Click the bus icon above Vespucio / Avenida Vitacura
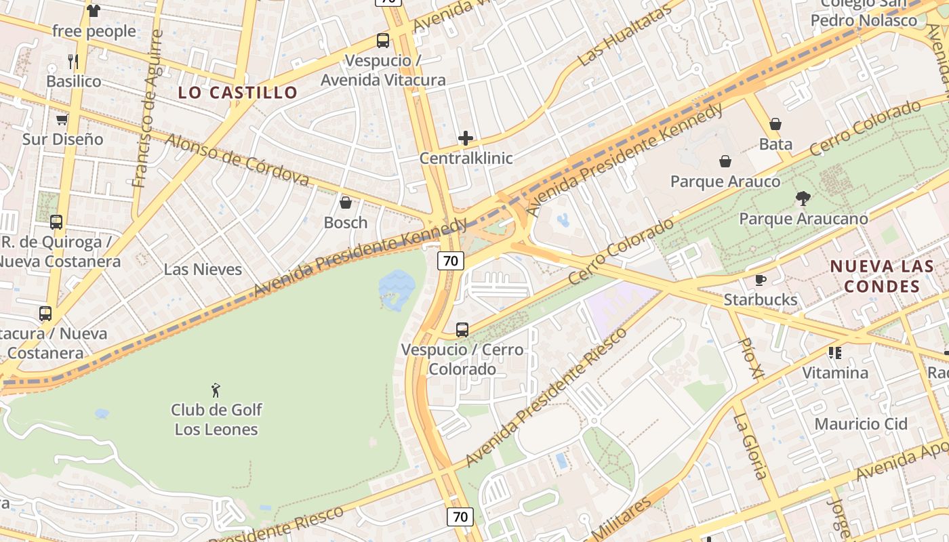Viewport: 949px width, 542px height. [x=383, y=41]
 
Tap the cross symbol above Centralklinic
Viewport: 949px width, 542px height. [x=466, y=139]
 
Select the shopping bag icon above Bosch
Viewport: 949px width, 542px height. [x=346, y=203]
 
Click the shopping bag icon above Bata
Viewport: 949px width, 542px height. [x=775, y=124]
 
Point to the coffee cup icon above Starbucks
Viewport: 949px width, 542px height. [x=761, y=280]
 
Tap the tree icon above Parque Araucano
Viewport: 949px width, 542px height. [x=803, y=199]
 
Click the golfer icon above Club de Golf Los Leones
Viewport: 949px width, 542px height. [x=216, y=390]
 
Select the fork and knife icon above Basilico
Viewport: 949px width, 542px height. [x=73, y=62]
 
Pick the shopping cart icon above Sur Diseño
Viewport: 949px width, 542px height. [x=62, y=120]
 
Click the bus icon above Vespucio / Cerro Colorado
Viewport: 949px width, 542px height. [x=462, y=330]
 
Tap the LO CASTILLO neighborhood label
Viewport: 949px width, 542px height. [x=238, y=93]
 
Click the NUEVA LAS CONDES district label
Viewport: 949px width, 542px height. [x=882, y=276]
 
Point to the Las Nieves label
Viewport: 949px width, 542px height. [x=203, y=269]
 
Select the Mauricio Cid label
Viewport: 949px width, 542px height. [x=861, y=424]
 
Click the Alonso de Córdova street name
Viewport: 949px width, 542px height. [x=237, y=159]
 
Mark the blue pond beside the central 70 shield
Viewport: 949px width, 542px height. [x=396, y=288]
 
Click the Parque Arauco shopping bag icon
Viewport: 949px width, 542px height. [x=725, y=161]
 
